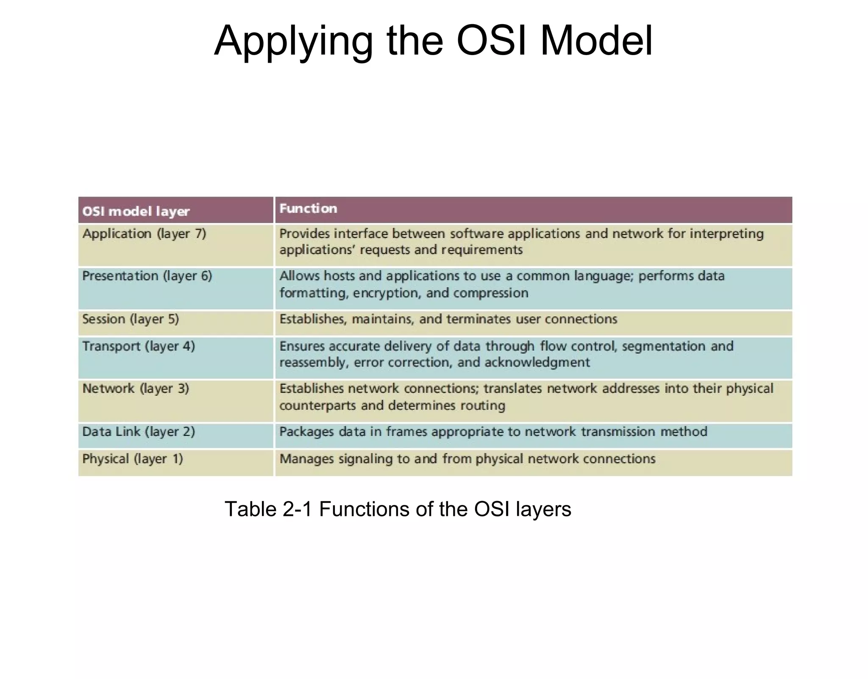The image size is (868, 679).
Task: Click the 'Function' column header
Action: pos(308,208)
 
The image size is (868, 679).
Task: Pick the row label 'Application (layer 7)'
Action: pos(144,234)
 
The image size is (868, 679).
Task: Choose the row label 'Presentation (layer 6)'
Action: pos(147,276)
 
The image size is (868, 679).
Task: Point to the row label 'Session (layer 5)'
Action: pos(131,319)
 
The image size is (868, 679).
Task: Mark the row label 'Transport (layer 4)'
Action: pos(139,346)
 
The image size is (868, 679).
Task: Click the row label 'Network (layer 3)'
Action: pos(136,388)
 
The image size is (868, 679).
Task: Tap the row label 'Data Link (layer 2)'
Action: pos(139,432)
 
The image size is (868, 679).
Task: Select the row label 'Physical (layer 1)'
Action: pos(133,459)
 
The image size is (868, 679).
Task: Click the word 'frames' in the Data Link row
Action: pos(406,432)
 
